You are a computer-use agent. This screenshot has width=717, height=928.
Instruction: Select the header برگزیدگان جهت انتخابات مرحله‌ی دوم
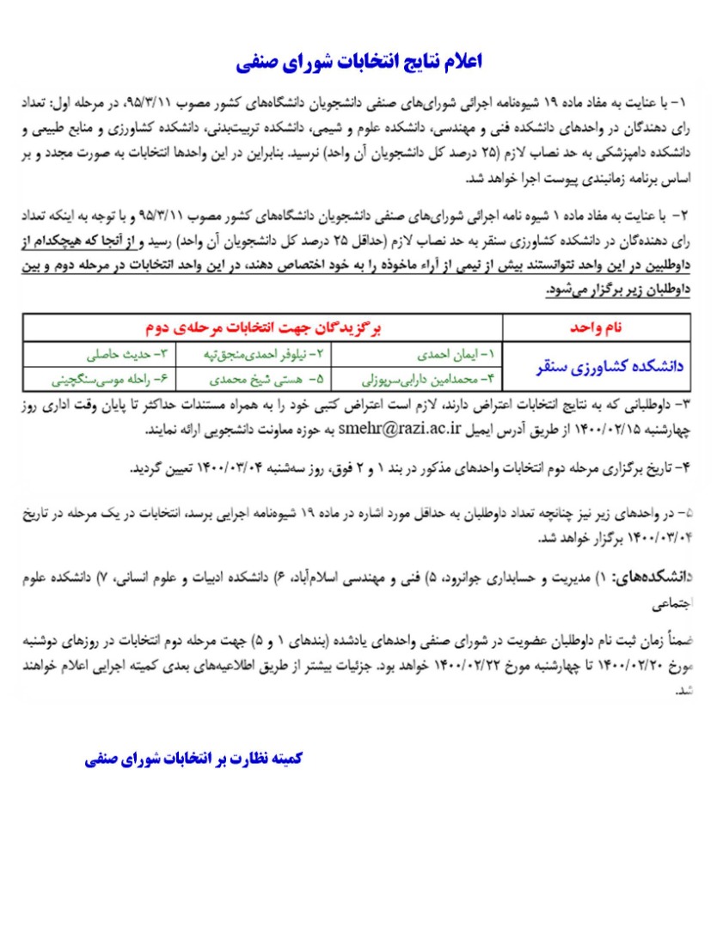pyautogui.click(x=262, y=328)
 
